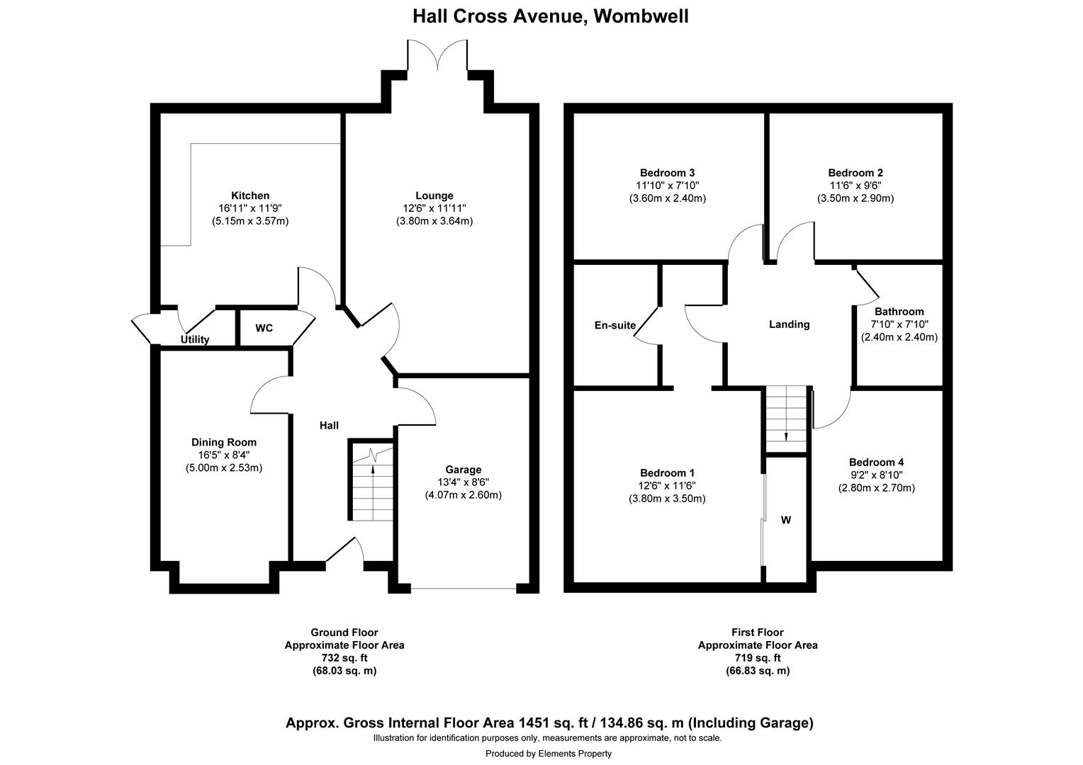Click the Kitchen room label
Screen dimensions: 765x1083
point(250,195)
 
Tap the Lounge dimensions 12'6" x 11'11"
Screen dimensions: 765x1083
point(434,208)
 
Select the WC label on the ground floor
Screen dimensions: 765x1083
point(264,329)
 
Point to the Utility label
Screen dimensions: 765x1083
point(195,339)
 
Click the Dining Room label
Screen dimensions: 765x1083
point(224,442)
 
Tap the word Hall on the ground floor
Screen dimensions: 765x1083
point(329,425)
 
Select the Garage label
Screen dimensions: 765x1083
point(464,469)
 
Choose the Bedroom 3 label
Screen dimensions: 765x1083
point(667,172)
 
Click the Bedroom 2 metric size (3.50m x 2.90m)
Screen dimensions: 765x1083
point(855,198)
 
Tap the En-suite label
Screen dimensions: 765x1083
point(615,325)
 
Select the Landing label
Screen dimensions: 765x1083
point(789,324)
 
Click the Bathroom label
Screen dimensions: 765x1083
point(899,312)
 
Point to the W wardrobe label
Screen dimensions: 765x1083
point(786,520)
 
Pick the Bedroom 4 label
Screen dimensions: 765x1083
point(876,462)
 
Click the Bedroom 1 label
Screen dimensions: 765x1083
point(667,472)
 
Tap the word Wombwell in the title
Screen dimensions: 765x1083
point(641,16)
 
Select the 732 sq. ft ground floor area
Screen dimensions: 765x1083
point(344,658)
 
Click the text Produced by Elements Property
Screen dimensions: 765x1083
point(548,754)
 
